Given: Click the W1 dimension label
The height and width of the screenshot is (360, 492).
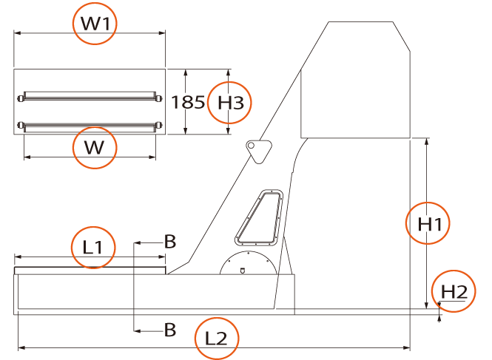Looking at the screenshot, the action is tap(95, 24).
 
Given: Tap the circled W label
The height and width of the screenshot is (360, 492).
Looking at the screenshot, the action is tap(94, 147).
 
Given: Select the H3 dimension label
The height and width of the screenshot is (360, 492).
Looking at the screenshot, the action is tap(230, 103).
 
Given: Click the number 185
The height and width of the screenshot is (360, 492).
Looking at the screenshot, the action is tap(188, 102).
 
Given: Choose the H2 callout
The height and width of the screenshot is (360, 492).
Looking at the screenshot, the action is tap(454, 292).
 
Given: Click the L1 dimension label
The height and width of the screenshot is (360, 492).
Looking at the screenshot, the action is tap(92, 247).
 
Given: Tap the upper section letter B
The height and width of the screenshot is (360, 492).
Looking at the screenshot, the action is tap(170, 242).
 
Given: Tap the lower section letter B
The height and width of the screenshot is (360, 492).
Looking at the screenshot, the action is tap(170, 330).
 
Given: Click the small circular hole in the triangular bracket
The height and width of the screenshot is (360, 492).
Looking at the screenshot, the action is tap(251, 146).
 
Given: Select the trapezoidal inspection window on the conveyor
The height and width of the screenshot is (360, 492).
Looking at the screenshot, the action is tap(259, 217).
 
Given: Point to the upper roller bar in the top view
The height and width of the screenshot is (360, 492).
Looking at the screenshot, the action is tap(90, 96).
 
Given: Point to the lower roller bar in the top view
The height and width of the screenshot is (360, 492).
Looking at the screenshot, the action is tap(90, 127).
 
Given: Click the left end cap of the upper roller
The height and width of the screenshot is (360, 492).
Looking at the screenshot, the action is tap(21, 98).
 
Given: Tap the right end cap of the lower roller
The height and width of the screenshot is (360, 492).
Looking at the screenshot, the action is tap(159, 126).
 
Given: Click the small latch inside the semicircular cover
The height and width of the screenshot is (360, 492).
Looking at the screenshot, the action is tap(242, 271).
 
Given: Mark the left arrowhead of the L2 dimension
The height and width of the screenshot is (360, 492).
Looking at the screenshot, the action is tap(21, 347).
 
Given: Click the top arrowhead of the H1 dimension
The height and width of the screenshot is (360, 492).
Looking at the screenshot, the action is tap(426, 141).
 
